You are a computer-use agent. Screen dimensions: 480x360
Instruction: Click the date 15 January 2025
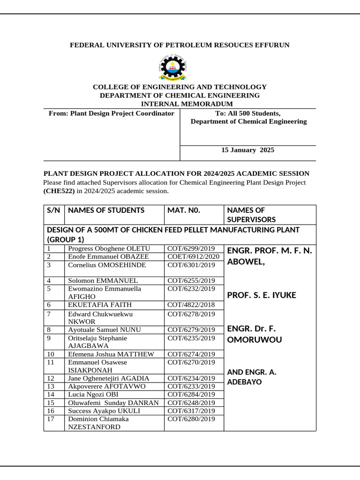(247, 150)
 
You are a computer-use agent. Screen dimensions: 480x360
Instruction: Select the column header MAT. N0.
(184, 210)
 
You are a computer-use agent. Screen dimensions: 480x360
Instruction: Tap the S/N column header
(53, 210)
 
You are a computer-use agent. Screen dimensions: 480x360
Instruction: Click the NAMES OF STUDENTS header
(106, 210)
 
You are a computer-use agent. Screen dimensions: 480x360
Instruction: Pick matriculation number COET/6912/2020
(193, 256)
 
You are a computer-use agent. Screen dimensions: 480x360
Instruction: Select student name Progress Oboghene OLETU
(109, 248)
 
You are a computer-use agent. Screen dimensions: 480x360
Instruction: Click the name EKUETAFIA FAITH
(100, 305)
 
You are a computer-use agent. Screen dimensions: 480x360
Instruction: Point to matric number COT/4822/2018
(191, 305)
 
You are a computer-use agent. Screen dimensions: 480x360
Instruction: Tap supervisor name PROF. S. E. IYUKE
(261, 295)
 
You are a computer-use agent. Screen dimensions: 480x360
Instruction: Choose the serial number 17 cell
(51, 419)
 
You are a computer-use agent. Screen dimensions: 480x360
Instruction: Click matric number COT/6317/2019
(191, 411)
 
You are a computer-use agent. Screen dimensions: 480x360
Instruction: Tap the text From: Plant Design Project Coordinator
(112, 113)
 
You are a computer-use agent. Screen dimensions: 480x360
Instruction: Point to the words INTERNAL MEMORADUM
(187, 104)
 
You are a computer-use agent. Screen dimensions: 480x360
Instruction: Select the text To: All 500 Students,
(247, 113)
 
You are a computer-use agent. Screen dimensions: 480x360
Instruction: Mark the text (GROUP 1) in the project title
(66, 240)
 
